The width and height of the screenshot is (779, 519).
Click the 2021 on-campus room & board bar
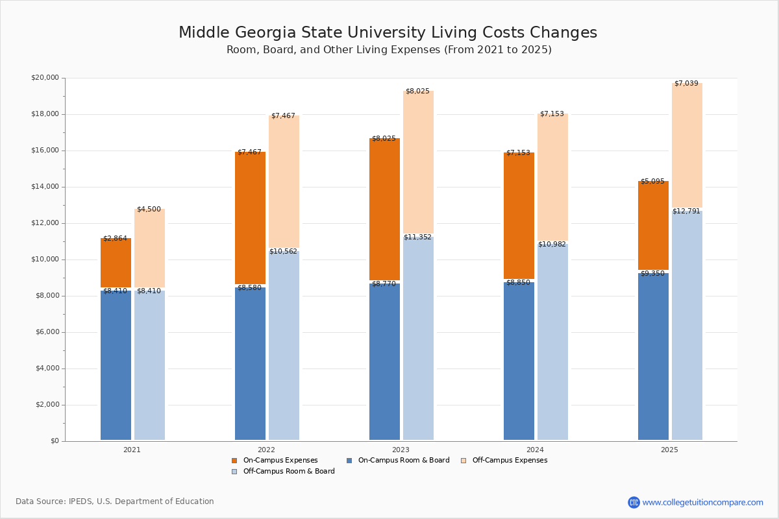116,365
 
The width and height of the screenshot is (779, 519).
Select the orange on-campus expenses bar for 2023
384,209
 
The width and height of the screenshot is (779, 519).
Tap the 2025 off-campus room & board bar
687,325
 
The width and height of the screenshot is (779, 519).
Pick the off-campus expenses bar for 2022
284,183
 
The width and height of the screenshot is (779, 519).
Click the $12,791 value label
687,211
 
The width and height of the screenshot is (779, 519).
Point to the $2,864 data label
116,239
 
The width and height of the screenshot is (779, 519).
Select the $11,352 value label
417,237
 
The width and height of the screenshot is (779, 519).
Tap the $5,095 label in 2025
652,182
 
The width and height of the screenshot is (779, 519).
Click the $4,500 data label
149,210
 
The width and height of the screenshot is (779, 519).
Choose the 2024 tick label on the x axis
535,450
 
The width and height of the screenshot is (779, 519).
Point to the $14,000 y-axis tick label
45,187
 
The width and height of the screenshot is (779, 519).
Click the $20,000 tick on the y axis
45,78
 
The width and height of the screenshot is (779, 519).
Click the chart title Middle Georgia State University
388,33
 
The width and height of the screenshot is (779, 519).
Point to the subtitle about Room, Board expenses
389,50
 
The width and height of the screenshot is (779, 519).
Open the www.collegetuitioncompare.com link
702,502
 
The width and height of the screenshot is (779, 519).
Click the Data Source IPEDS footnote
115,501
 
